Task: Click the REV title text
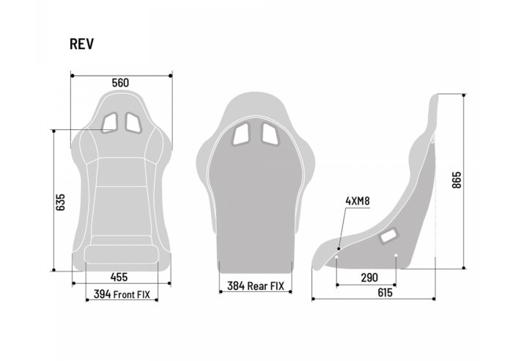81,43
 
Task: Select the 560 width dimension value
121,83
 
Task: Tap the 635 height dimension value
61,203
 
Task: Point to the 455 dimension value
119,277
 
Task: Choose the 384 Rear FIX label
255,287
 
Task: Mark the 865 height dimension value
456,180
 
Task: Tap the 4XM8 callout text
356,200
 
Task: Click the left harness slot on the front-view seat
109,123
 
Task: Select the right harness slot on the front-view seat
133,123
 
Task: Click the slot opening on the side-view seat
388,236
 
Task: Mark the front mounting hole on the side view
337,256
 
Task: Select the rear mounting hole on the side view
396,256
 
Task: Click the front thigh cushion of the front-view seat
121,255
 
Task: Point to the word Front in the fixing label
126,295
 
